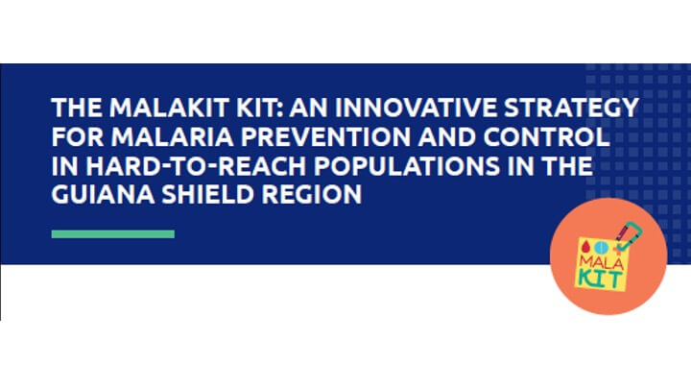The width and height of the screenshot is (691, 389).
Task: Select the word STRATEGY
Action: point(572,108)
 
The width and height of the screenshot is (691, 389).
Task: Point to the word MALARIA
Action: point(173,136)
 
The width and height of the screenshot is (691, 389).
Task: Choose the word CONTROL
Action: point(546,136)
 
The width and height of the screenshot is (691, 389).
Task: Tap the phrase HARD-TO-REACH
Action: point(196,166)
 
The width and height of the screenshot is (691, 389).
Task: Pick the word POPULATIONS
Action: point(407,166)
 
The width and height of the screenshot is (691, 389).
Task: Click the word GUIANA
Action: point(103,194)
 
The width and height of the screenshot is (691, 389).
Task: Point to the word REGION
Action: point(312,194)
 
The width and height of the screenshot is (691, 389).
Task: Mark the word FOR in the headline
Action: point(78,136)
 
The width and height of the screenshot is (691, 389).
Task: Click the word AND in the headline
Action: point(447,136)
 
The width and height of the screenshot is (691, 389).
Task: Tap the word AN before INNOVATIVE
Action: point(309,108)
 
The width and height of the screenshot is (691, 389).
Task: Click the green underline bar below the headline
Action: point(113,234)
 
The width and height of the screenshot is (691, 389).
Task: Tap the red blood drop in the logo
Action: point(584,246)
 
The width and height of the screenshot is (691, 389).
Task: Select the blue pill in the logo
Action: point(599,247)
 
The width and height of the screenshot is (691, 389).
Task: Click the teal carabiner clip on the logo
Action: point(631,236)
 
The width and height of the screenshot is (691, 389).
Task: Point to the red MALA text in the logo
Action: point(601,262)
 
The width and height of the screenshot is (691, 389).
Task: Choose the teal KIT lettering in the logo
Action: point(600,279)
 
